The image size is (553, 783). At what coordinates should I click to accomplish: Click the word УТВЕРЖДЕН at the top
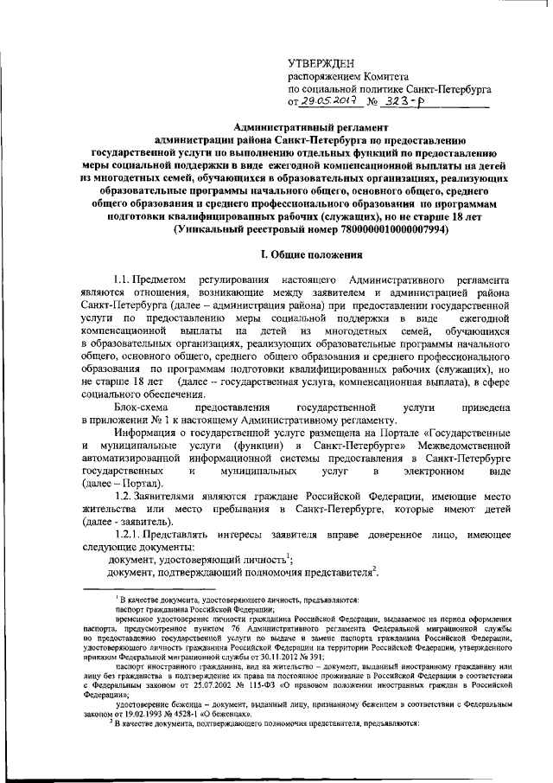click(x=320, y=63)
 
